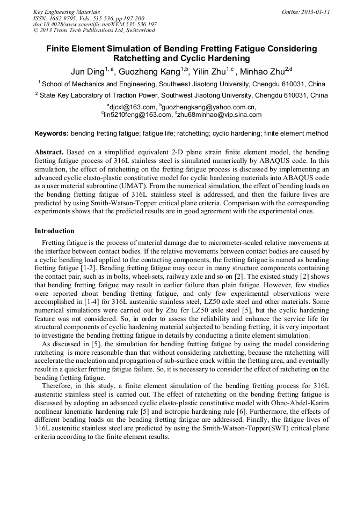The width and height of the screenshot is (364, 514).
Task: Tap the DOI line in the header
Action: [x=94, y=24]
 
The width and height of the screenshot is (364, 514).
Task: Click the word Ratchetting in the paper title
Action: [x=140, y=58]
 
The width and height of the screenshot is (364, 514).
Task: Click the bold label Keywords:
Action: [x=52, y=133]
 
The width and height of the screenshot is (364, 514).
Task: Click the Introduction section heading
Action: [x=54, y=231]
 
